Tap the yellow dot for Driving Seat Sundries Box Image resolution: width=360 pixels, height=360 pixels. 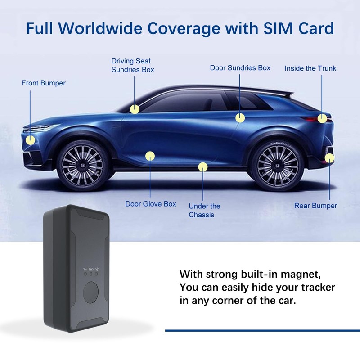(135, 109)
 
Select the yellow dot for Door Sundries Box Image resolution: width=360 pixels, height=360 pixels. (240, 118)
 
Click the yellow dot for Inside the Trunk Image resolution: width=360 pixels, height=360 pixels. (322, 118)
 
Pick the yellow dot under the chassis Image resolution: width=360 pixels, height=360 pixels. (203, 167)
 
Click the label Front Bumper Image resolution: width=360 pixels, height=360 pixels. (44, 83)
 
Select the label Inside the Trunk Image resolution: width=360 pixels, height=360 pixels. (310, 69)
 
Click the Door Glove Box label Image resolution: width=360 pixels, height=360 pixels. (151, 204)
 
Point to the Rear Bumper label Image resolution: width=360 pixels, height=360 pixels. (315, 206)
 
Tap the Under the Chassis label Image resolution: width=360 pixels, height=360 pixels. (204, 211)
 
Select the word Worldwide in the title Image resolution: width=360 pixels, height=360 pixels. (113, 28)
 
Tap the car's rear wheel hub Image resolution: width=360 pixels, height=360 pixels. (274, 166)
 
